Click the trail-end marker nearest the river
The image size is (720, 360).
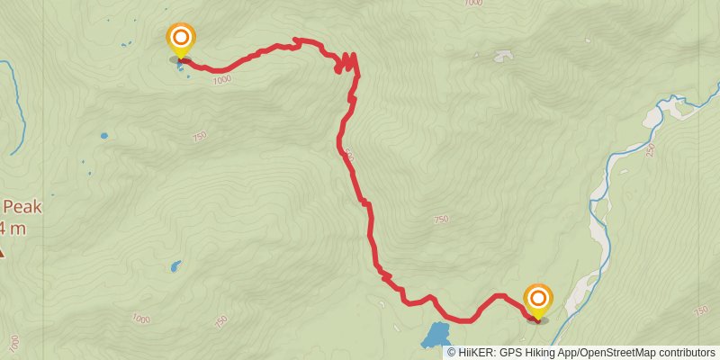[537, 301]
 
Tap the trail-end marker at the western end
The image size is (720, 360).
[181, 39]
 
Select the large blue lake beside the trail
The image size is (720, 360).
[436, 336]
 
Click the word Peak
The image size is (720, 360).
[22, 206]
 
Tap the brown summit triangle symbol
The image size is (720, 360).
[2, 253]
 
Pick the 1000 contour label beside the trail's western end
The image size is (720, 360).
[222, 80]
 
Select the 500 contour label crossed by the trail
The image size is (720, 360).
[348, 155]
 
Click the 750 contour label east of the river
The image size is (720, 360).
[701, 310]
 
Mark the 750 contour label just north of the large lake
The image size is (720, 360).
[440, 220]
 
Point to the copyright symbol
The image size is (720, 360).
[452, 352]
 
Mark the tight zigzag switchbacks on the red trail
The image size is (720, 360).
[346, 63]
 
